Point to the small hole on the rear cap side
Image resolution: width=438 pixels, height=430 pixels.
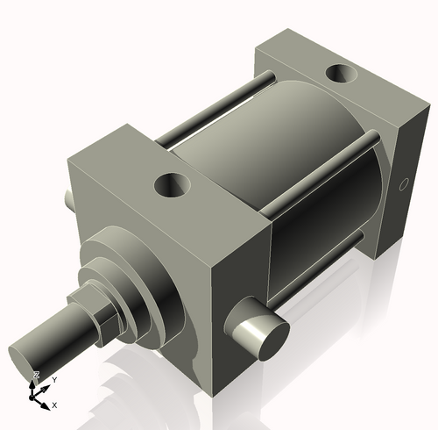coord(404,184)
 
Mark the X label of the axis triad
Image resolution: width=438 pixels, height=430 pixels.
coord(54,405)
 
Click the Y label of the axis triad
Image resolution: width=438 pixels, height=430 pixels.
coord(53,379)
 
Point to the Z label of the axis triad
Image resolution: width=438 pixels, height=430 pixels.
coord(36,375)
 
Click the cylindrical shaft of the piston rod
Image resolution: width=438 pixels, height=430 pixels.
coord(53,338)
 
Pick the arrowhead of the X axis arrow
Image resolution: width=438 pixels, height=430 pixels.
coord(46,403)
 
